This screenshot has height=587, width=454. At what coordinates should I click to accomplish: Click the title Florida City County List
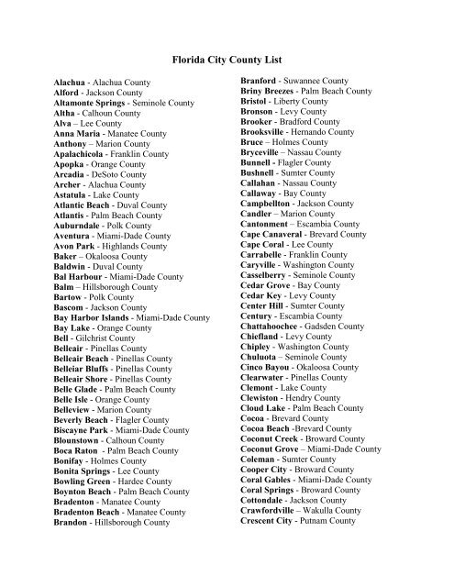pos(227,57)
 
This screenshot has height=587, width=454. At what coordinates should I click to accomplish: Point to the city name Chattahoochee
pos(277,350)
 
